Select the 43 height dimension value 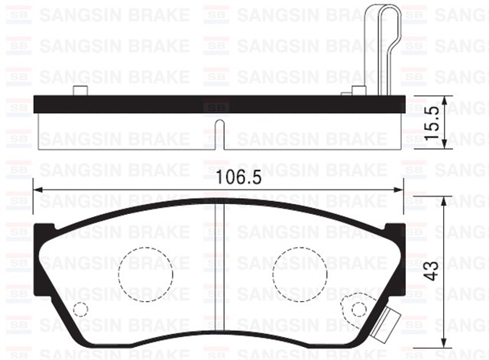click(x=432, y=270)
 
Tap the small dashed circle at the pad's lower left click(x=80, y=309)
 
